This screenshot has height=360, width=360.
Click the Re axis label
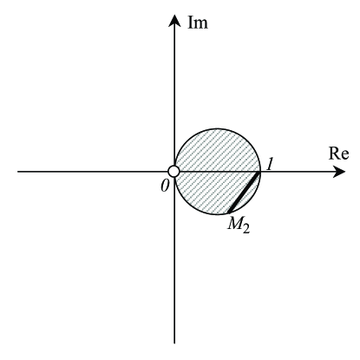pos(339,154)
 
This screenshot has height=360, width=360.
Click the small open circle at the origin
pos(173,172)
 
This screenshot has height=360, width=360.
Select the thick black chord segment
pos(244,193)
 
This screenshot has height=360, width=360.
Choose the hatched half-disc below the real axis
pos(208,191)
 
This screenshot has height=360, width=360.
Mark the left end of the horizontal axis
pos(19,172)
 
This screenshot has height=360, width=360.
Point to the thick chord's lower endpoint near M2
pos(228,213)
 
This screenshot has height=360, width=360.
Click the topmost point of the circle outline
pos(217,128)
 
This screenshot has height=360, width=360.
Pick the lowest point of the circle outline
pos(217,215)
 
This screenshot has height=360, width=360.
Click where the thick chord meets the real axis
pos(260,172)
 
